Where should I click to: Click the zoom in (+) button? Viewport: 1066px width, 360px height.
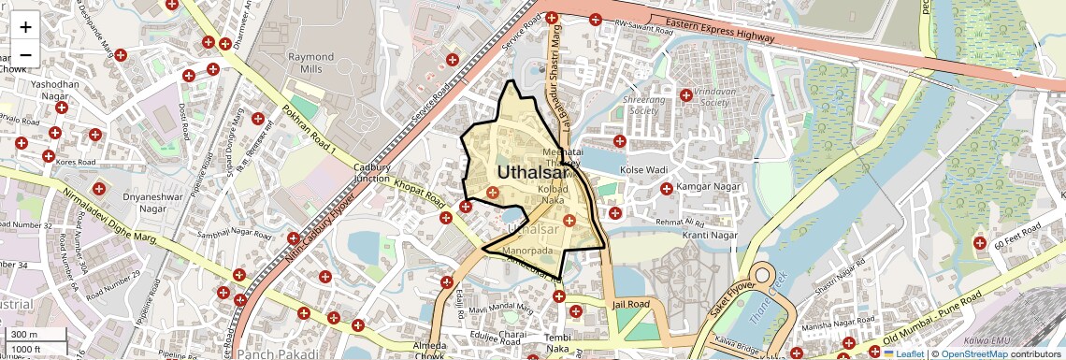click(x=25, y=26)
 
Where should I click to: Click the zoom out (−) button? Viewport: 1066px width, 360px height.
click(x=25, y=54)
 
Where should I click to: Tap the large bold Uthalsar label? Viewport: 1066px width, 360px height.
click(x=531, y=172)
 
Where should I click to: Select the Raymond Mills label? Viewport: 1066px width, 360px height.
click(x=311, y=63)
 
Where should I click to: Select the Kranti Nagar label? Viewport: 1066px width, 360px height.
click(x=710, y=235)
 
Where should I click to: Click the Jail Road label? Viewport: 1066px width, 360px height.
click(x=630, y=304)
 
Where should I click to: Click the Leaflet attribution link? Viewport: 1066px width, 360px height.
click(x=906, y=353)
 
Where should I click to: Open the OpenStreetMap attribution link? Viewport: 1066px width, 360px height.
click(x=973, y=353)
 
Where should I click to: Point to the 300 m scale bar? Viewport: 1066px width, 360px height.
click(x=36, y=334)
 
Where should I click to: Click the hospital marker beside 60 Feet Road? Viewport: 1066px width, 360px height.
click(x=980, y=243)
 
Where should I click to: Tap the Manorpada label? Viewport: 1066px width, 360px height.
click(x=530, y=252)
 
